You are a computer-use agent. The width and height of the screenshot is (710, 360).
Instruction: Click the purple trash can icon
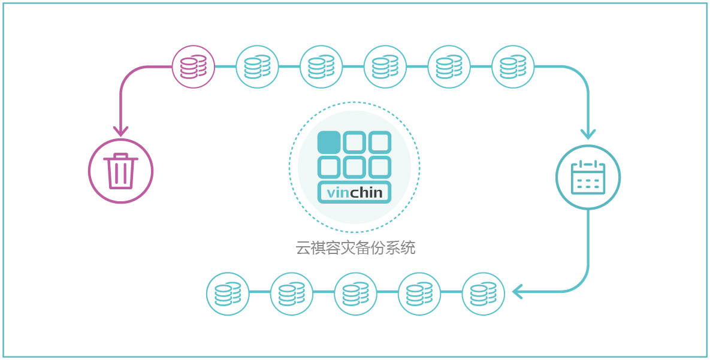click(x=120, y=171)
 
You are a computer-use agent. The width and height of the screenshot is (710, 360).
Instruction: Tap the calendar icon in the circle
click(x=588, y=177)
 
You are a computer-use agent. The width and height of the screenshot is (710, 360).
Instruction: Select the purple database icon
click(x=194, y=67)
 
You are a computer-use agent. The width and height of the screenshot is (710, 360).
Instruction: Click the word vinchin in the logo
click(x=354, y=193)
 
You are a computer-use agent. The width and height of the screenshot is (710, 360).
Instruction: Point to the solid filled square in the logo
click(x=329, y=142)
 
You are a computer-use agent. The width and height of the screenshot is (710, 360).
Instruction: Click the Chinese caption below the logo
click(x=355, y=248)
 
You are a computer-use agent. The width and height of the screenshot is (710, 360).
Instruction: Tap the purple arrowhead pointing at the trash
click(x=120, y=131)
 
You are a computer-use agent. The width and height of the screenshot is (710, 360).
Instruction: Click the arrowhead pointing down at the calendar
click(x=588, y=134)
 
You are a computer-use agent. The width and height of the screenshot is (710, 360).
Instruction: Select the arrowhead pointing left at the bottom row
click(x=518, y=292)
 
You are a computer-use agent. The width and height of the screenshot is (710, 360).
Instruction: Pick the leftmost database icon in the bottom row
click(x=228, y=294)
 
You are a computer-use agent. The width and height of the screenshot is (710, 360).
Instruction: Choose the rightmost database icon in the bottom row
click(x=483, y=294)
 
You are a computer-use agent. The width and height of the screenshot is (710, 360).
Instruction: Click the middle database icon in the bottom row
click(x=355, y=294)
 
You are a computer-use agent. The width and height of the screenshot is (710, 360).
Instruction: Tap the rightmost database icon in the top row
click(x=513, y=67)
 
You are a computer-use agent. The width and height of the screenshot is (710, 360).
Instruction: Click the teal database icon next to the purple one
click(x=257, y=67)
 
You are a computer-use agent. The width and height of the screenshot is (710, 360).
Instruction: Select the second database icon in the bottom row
click(x=292, y=294)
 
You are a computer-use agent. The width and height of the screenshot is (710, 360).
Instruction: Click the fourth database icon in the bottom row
click(x=419, y=294)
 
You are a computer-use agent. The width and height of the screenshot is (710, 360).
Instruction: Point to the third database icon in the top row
click(x=322, y=67)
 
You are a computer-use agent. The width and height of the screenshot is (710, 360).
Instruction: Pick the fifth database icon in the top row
click(x=449, y=67)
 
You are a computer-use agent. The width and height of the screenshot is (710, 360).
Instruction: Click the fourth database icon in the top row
click(x=385, y=67)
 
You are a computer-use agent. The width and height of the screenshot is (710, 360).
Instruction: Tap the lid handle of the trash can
click(x=120, y=155)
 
